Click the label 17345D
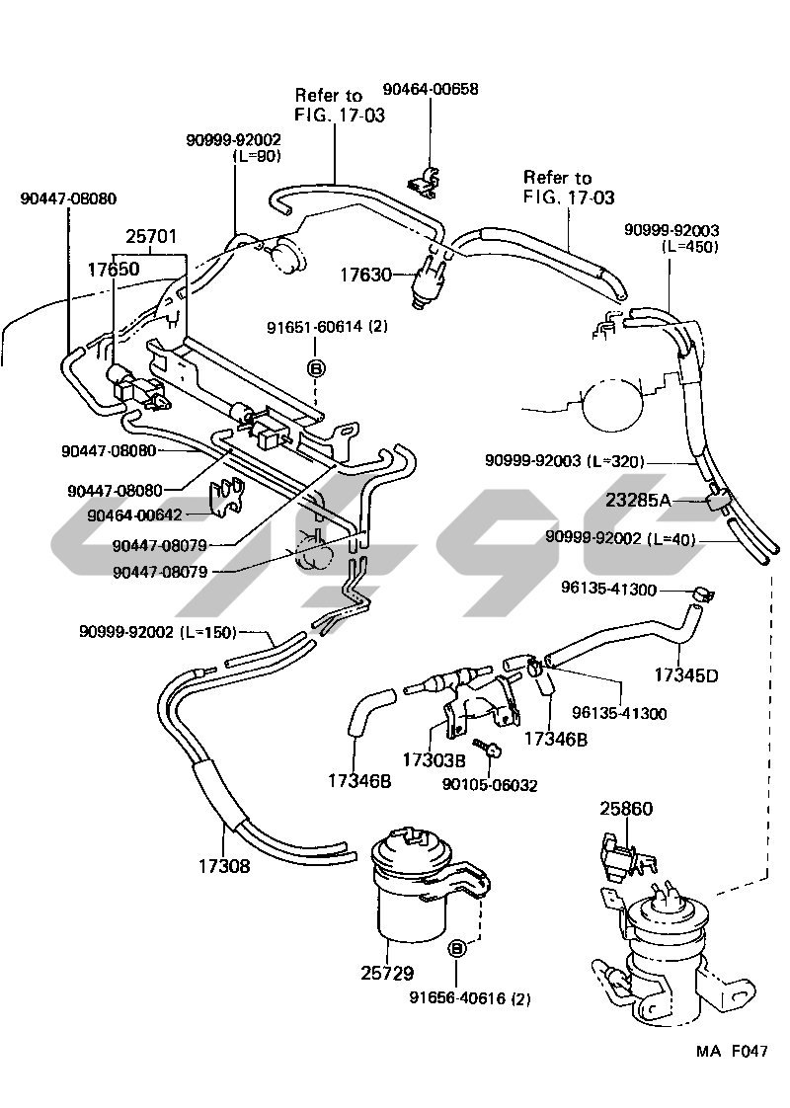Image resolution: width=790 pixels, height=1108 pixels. coord(685,675)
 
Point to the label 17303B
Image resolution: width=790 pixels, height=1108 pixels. coord(434,760)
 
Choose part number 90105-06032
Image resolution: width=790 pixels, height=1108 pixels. coord(491,785)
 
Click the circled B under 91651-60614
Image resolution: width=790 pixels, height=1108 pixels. coord(316,368)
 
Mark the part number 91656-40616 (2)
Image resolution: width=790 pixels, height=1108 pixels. coord(470,998)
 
